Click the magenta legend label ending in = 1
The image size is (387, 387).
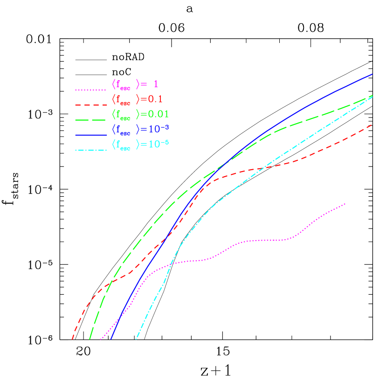pos(135,84)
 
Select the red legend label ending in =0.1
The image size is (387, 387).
pos(137,99)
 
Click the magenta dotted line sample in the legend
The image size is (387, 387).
pos(91,90)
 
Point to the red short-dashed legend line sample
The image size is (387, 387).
pos(91,104)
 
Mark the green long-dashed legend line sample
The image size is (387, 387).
pos(91,120)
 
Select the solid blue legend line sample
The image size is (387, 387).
pos(91,135)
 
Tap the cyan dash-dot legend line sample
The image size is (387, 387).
pos(91,150)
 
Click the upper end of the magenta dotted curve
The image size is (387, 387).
pos(346,203)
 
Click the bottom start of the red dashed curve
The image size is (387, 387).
pos(72,339)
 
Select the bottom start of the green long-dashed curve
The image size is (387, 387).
pos(90,339)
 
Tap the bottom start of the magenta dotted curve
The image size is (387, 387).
pos(100,339)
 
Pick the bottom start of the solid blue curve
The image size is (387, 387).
pos(111,339)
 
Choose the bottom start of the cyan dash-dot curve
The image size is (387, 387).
pos(136,339)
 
